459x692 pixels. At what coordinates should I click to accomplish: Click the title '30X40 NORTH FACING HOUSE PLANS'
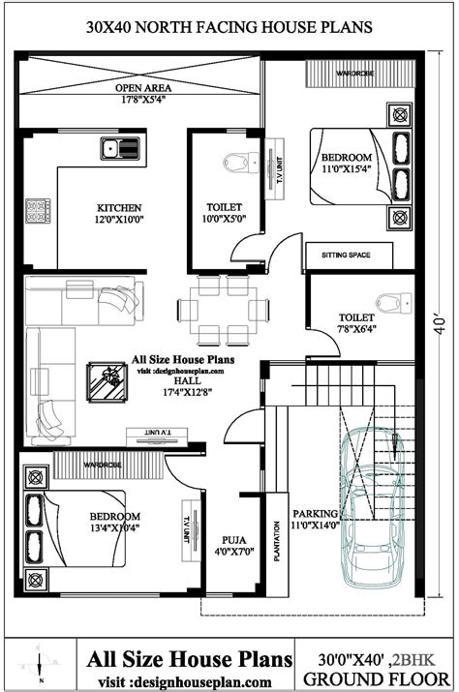tap(229, 28)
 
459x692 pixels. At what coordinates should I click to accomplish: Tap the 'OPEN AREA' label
tap(143, 86)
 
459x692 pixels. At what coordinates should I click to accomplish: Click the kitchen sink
tap(121, 149)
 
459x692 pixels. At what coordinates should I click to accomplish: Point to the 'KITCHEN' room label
tap(120, 208)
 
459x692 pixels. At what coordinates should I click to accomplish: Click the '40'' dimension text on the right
tap(441, 320)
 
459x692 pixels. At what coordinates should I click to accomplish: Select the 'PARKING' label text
tap(317, 513)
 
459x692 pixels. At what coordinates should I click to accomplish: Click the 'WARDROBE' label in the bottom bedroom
tap(103, 466)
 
